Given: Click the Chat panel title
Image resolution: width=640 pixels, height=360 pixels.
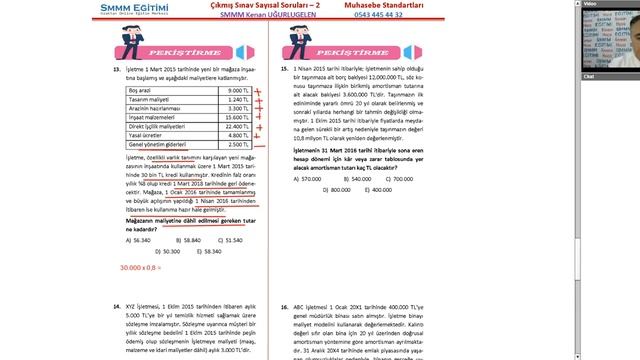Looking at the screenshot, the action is coord(588,75).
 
